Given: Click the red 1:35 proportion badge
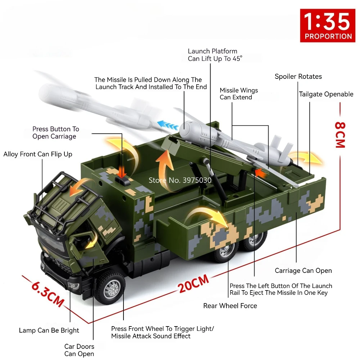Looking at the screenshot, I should [x=328, y=26].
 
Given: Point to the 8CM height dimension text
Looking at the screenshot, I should [x=340, y=135].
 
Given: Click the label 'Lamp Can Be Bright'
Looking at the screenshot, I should [x=49, y=330].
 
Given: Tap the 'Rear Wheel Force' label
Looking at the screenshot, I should [x=230, y=306].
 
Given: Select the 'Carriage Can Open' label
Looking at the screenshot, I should [x=303, y=270].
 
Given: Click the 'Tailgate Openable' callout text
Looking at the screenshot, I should [x=326, y=94].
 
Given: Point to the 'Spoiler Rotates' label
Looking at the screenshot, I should [x=298, y=76].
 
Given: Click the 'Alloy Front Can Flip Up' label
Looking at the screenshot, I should [x=38, y=154].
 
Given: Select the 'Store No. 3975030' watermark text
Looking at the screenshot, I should [x=180, y=180].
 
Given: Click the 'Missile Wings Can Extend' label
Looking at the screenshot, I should [x=239, y=94].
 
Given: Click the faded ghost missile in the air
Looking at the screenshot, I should [x=90, y=103].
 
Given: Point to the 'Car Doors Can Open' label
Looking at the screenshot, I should [x=79, y=350].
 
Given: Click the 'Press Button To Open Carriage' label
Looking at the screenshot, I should [x=55, y=132].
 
